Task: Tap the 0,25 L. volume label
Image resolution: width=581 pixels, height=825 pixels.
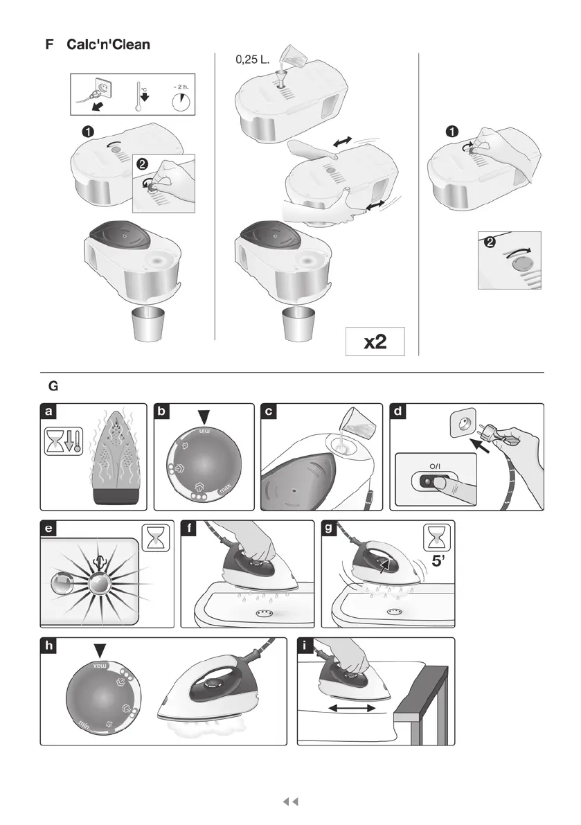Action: click(252, 60)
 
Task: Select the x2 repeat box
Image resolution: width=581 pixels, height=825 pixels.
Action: click(375, 341)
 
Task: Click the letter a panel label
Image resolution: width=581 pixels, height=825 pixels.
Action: click(48, 411)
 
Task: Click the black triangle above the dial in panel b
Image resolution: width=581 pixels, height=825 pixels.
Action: click(204, 417)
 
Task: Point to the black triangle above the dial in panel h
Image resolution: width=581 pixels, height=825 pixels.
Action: click(101, 650)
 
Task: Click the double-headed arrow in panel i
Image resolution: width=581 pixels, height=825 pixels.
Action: click(352, 708)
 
